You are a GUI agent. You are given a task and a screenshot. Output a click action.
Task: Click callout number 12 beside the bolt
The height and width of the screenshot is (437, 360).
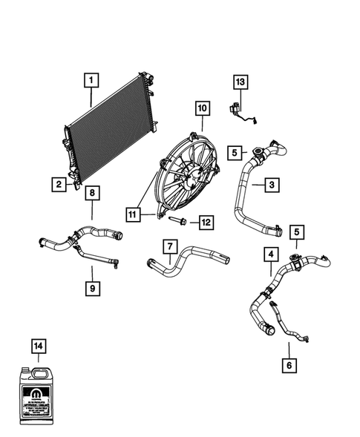tap(206, 221)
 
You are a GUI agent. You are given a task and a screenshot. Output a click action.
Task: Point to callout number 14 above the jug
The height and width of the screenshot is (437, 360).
tap(38, 345)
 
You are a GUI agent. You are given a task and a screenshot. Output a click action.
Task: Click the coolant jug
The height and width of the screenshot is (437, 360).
tap(39, 393)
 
